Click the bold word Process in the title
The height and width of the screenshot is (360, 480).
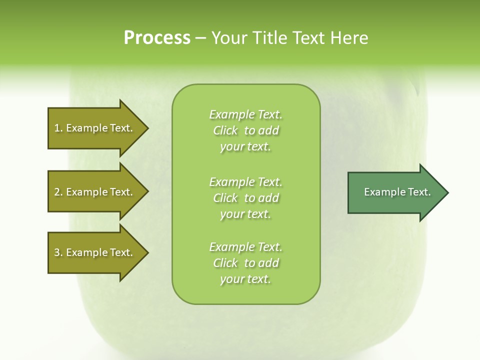pyautogui.click(x=157, y=37)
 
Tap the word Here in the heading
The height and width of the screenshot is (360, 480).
pyautogui.click(x=350, y=37)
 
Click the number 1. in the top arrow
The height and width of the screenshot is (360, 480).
pyautogui.click(x=58, y=128)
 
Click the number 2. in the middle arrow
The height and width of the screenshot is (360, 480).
pyautogui.click(x=58, y=192)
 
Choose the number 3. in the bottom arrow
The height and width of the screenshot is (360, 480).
pyautogui.click(x=58, y=252)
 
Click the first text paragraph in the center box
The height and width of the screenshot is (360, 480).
pyautogui.click(x=245, y=130)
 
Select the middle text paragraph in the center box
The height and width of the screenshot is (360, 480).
pyautogui.click(x=245, y=197)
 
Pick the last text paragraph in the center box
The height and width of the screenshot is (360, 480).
pyautogui.click(x=245, y=263)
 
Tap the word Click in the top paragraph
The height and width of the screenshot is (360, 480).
pyautogui.click(x=225, y=130)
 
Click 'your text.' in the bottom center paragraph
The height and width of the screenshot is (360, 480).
pyautogui.click(x=245, y=279)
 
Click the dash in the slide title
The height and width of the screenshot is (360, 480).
pyautogui.click(x=200, y=38)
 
